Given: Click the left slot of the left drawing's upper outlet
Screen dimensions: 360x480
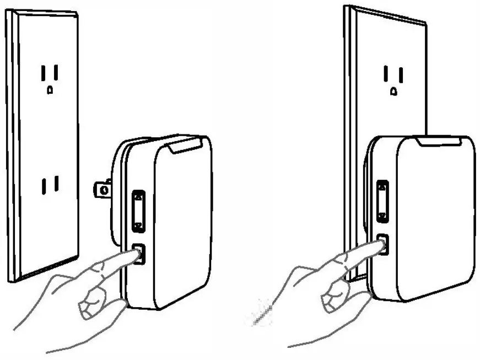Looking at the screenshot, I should point(42,72).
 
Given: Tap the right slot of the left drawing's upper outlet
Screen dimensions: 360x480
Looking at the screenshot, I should point(57,72).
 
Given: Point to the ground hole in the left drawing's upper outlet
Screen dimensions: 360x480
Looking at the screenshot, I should point(50,89).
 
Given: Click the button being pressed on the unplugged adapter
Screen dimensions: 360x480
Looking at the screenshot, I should point(139,254).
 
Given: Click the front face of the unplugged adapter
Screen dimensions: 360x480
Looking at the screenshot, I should point(182,226).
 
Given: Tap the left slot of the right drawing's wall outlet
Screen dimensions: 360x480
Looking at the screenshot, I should point(386,73).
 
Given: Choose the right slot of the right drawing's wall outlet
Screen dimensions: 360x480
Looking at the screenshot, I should point(401,73).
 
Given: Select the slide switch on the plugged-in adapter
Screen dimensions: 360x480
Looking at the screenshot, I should point(381,201).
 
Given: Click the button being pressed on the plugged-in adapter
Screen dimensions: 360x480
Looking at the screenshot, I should point(383,244).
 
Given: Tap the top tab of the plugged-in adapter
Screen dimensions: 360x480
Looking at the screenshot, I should point(439,141).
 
